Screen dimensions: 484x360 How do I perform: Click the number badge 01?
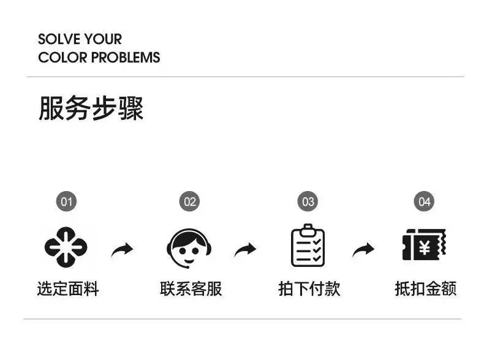(x=66, y=201)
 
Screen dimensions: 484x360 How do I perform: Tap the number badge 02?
(x=190, y=201)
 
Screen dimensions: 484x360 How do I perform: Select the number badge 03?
(x=308, y=201)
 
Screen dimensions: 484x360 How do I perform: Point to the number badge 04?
(x=423, y=201)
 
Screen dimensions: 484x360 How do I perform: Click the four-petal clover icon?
(x=66, y=247)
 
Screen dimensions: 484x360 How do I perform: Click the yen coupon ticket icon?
(x=424, y=246)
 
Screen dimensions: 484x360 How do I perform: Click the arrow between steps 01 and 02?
(x=123, y=249)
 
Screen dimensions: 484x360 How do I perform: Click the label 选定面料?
(x=67, y=289)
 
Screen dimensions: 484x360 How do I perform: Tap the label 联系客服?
(x=191, y=289)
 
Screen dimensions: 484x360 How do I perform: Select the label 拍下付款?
(x=309, y=289)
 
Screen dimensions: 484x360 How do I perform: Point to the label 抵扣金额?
(x=425, y=289)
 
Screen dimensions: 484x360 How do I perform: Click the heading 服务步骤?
(x=91, y=109)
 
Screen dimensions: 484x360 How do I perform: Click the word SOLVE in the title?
(x=59, y=39)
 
